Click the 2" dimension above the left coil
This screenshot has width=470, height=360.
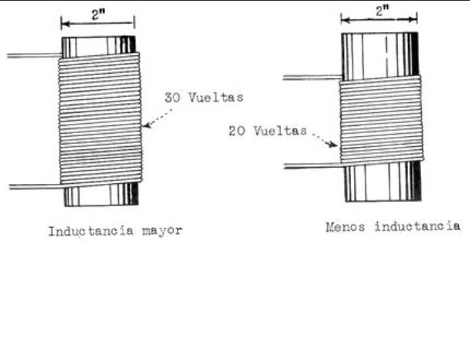tap(97, 17)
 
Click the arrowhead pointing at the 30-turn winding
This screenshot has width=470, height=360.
tap(146, 126)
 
